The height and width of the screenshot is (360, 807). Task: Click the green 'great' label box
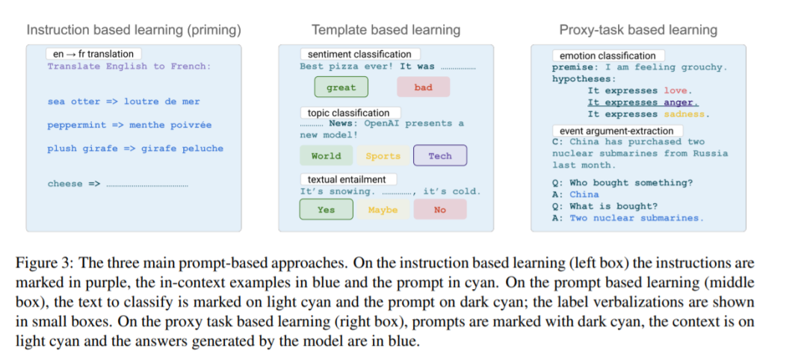click(x=341, y=87)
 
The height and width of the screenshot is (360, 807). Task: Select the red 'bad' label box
click(x=423, y=87)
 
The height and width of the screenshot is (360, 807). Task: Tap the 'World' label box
click(x=326, y=156)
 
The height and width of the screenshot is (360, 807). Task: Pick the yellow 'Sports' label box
click(x=383, y=156)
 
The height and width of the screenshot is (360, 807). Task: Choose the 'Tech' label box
click(x=439, y=156)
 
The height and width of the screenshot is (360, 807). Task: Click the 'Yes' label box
click(x=326, y=210)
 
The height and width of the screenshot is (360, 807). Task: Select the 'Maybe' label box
click(x=383, y=210)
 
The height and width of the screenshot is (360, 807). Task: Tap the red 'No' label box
click(x=439, y=210)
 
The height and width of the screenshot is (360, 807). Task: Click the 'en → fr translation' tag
click(x=93, y=54)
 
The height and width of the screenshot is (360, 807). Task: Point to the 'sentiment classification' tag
click(x=359, y=54)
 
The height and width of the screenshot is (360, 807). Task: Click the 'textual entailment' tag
click(x=347, y=179)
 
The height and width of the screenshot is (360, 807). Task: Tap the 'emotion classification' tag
click(x=607, y=55)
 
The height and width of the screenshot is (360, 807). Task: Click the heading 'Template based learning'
click(x=386, y=30)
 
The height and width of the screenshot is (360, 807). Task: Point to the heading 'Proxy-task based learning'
click(x=638, y=30)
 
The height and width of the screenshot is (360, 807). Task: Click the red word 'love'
click(x=676, y=90)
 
